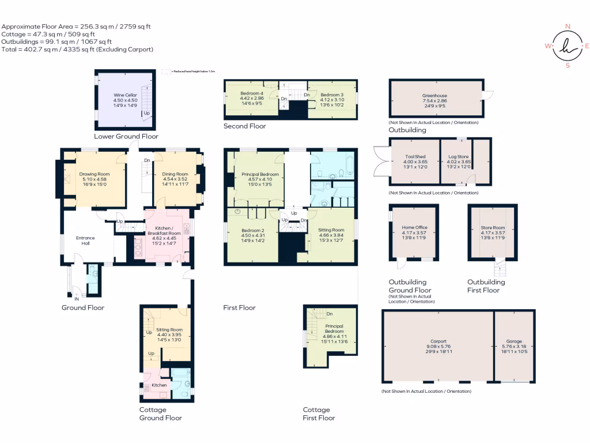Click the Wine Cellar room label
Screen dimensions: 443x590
[123, 95]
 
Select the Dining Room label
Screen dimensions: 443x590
[175, 174]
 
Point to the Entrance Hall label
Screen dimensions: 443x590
[85, 241]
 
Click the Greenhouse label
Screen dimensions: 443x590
[434, 96]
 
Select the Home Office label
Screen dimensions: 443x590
[414, 228]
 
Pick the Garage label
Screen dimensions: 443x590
[514, 341]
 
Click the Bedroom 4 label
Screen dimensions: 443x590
[252, 93]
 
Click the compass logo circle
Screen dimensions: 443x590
[567, 46]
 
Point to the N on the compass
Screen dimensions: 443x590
[568, 27]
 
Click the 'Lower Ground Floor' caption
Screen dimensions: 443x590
[126, 137]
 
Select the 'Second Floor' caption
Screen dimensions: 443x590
[245, 126]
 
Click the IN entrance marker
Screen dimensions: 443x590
[77, 299]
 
